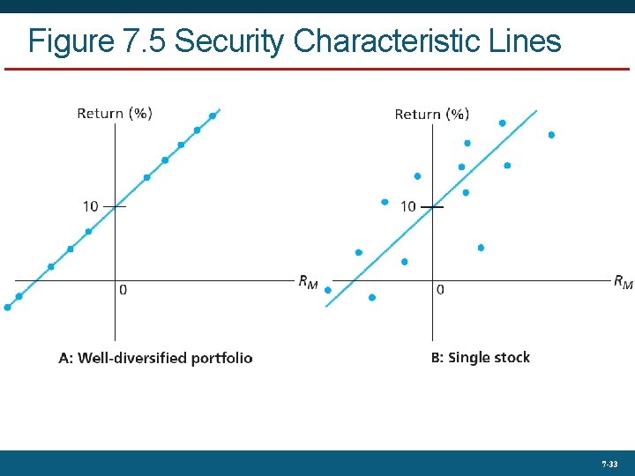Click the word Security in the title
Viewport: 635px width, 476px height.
[228, 41]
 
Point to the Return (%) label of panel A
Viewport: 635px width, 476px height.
[114, 113]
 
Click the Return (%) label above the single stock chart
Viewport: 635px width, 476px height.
[431, 114]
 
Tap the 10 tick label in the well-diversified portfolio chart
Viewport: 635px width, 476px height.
[91, 206]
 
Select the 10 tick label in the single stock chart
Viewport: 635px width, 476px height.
[407, 206]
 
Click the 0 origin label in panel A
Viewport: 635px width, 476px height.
[123, 289]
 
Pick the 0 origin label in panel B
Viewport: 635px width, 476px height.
[440, 289]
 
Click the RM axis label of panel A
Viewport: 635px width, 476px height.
[308, 282]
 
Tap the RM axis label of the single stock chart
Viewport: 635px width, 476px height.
[623, 282]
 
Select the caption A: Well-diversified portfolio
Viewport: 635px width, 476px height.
[155, 358]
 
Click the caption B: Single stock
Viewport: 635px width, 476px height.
[480, 357]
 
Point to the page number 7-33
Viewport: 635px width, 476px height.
[609, 464]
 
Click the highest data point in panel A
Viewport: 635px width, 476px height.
[213, 115]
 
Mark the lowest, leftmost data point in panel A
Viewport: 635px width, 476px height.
[8, 308]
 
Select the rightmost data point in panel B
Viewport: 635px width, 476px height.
[551, 135]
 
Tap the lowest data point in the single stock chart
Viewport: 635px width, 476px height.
[371, 297]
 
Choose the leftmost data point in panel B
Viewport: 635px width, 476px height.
[327, 289]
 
